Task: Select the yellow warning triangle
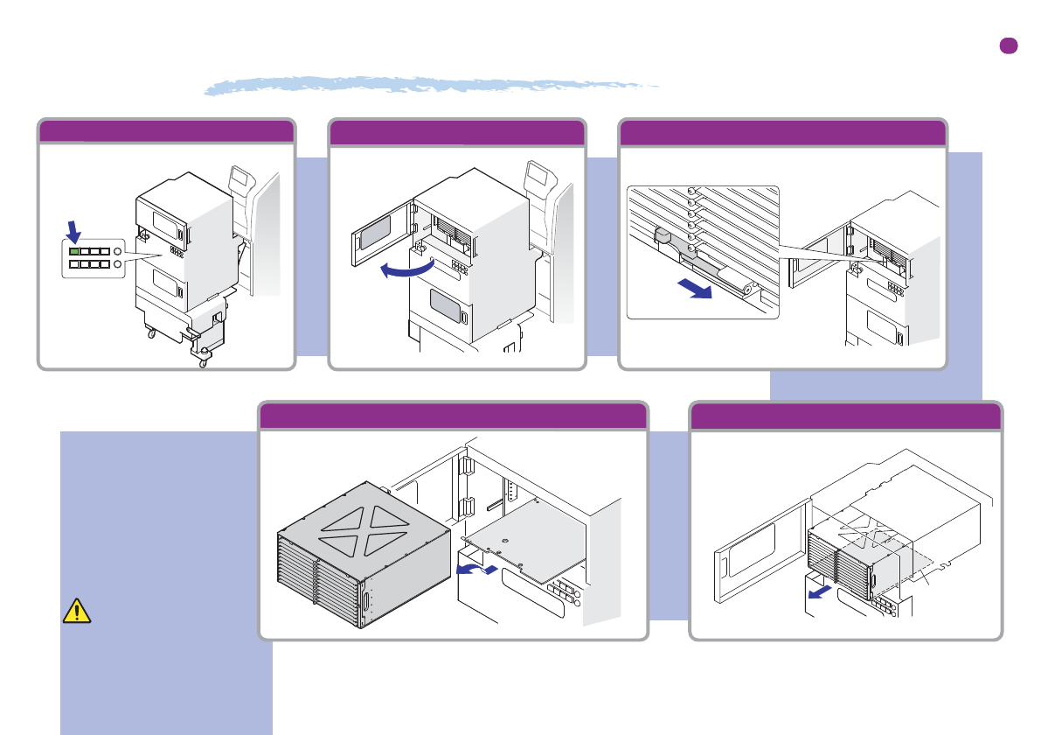click(77, 611)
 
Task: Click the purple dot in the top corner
click(1009, 46)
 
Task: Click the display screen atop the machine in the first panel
click(239, 183)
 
